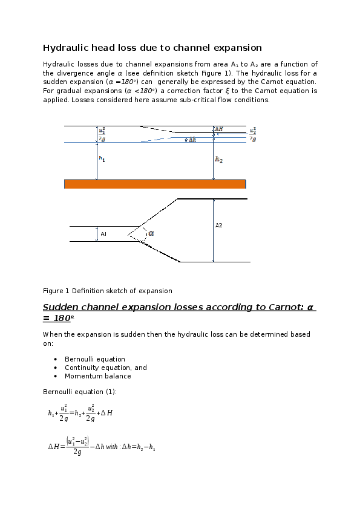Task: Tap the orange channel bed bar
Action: pyautogui.click(x=155, y=184)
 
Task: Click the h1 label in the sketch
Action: pyautogui.click(x=102, y=159)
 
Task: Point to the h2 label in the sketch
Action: pyautogui.click(x=219, y=160)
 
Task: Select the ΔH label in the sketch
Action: pyautogui.click(x=219, y=129)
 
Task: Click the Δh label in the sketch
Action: pyautogui.click(x=192, y=140)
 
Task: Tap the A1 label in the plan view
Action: pyautogui.click(x=103, y=234)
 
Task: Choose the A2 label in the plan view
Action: pyautogui.click(x=219, y=225)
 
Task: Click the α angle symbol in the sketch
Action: pyautogui.click(x=151, y=233)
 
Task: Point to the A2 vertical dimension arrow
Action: pyautogui.click(x=213, y=230)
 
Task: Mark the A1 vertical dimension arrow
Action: pyautogui.click(x=97, y=234)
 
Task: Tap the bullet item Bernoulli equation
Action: pyautogui.click(x=95, y=359)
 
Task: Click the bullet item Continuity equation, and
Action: pyautogui.click(x=106, y=368)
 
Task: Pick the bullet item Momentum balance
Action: pyautogui.click(x=98, y=376)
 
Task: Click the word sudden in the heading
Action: pyautogui.click(x=67, y=307)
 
